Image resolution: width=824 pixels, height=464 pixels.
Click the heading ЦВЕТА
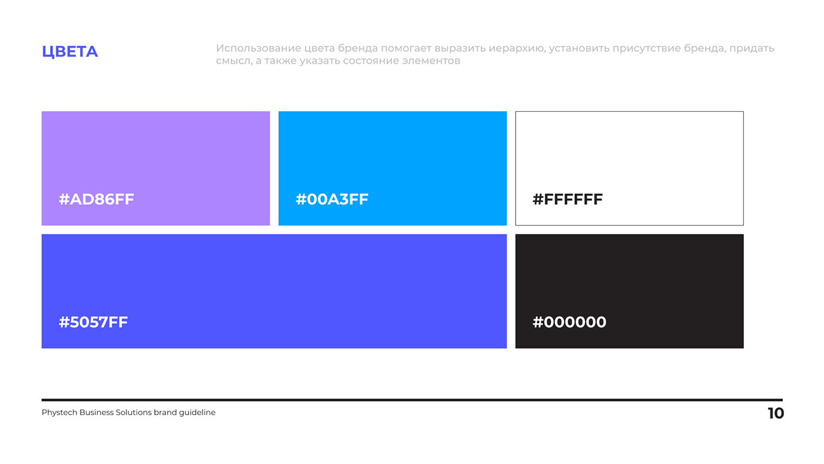[70, 52]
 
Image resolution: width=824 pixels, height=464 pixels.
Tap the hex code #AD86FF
[97, 199]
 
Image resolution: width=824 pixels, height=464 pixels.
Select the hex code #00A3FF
[332, 199]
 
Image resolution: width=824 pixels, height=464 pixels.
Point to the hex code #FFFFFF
[567, 199]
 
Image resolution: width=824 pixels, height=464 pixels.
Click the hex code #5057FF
[94, 322]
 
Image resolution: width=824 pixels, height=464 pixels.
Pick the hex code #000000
[570, 322]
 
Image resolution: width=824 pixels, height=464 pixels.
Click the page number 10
[776, 413]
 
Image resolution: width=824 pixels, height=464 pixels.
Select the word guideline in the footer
[197, 413]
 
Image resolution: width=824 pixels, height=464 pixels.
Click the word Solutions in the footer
[134, 413]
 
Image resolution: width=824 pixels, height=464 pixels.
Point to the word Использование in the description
[258, 48]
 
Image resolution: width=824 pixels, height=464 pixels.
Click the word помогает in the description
[406, 48]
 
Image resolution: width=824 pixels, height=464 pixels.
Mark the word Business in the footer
[97, 413]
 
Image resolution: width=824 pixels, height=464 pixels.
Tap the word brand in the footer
[165, 413]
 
